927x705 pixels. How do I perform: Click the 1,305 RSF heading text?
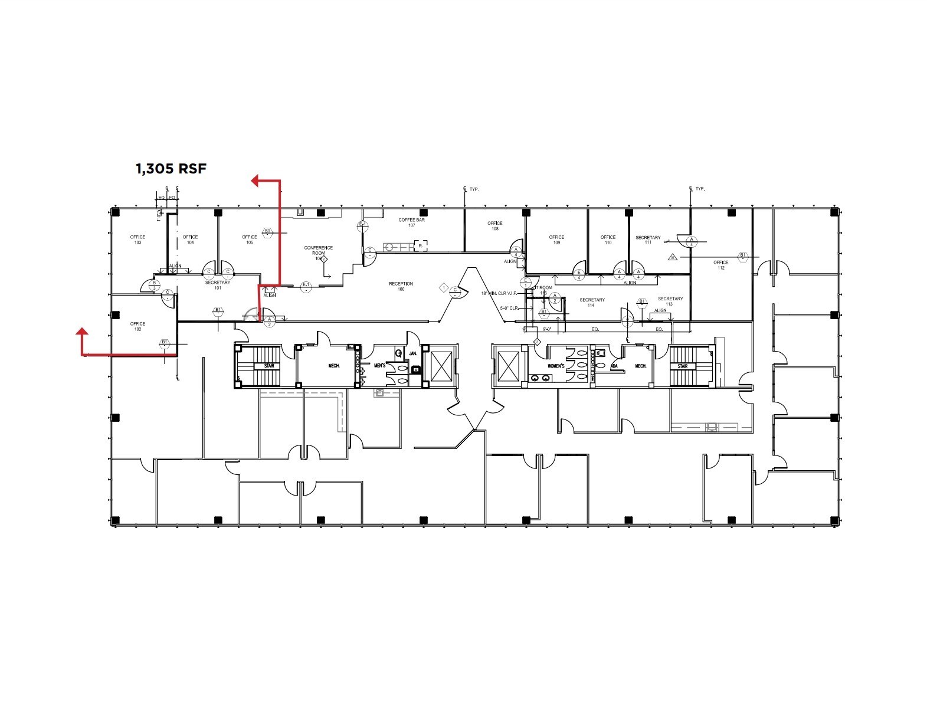click(x=171, y=169)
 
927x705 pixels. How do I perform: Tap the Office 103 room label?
click(x=137, y=240)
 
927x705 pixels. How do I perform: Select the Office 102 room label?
click(x=137, y=326)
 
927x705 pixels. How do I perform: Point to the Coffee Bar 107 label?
click(x=411, y=222)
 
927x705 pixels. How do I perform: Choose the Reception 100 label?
click(x=401, y=286)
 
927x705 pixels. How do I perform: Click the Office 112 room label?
click(x=720, y=265)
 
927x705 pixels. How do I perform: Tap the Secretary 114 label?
click(x=592, y=302)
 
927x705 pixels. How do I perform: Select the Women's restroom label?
click(x=556, y=366)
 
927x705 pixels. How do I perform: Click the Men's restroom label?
click(x=379, y=366)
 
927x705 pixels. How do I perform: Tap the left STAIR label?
click(x=269, y=366)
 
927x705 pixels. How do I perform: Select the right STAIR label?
click(x=682, y=366)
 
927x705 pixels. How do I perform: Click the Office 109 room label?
click(x=556, y=240)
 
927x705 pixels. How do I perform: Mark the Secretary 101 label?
click(x=217, y=285)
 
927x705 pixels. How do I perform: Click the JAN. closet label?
click(x=413, y=354)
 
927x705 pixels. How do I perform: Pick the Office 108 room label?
click(x=494, y=225)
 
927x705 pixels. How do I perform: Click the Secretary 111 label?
click(x=648, y=240)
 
